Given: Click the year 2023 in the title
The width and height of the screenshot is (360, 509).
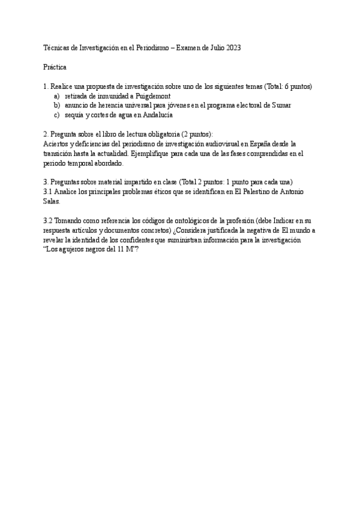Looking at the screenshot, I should click(x=233, y=48).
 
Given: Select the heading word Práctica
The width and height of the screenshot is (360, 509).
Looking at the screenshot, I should click(x=55, y=67).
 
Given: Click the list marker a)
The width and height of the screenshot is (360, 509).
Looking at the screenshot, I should click(x=57, y=96).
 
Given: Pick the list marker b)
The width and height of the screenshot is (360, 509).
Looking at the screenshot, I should click(x=57, y=105).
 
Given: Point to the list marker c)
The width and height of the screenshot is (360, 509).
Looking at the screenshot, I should click(x=57, y=115).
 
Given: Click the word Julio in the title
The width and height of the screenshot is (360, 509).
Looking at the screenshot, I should click(x=211, y=48).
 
